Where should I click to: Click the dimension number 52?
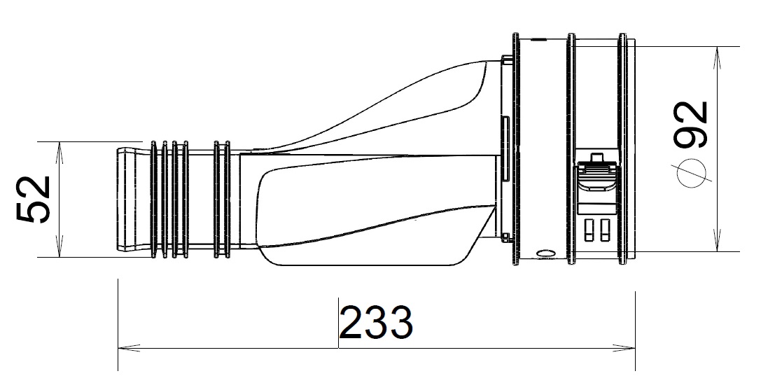(x=34, y=200)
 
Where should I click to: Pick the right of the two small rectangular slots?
(x=602, y=229)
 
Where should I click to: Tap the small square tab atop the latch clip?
(x=596, y=158)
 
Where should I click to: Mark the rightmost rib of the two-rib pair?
(x=227, y=199)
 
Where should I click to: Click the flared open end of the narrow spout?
(x=126, y=199)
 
